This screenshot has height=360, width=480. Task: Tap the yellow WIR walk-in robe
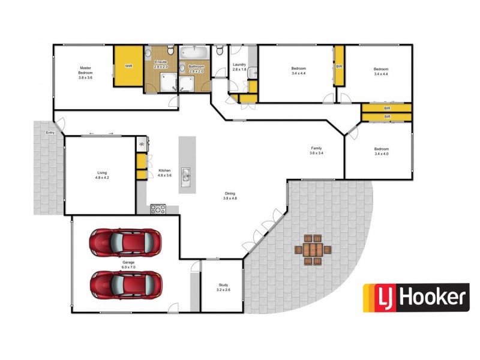pos(128,66)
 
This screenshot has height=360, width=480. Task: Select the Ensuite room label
pos(161,64)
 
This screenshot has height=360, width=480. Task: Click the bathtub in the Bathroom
pos(195,53)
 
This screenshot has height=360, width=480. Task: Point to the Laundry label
pos(239,67)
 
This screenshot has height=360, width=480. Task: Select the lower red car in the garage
pos(126,284)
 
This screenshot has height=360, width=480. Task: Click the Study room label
pos(223,287)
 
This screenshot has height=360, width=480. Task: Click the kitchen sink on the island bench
pos(187,176)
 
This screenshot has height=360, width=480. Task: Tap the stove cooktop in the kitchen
pos(158,209)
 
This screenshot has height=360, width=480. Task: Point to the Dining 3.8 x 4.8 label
pos(230,196)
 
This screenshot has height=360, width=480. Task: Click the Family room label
pos(316,150)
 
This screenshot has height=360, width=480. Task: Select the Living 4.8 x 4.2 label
pos(101,175)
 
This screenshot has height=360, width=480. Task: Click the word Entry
pos(49,133)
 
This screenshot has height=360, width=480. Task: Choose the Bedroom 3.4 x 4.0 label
pos(381,151)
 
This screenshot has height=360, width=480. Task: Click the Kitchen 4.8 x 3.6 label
pos(165,173)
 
